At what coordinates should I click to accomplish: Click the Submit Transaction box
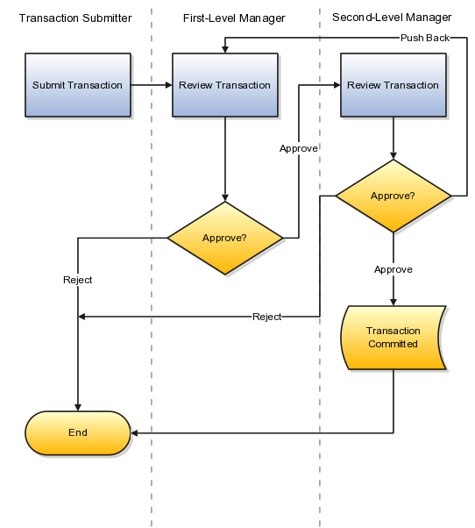[x=78, y=85]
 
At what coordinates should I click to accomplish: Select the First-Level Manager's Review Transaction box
[x=225, y=85]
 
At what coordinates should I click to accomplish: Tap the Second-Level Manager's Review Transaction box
[x=393, y=85]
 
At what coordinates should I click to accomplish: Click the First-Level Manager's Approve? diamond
[x=225, y=238]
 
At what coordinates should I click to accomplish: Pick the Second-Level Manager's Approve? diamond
[x=393, y=196]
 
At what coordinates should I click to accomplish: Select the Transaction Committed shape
[x=393, y=338]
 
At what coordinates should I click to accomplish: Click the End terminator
[x=78, y=432]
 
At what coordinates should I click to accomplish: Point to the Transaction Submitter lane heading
[x=75, y=18]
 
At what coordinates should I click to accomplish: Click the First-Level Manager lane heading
[x=234, y=18]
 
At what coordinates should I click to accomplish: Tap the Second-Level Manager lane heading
[x=392, y=18]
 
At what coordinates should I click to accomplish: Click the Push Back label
[x=425, y=38]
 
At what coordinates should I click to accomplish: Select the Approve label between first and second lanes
[x=299, y=148]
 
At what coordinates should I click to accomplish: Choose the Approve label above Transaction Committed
[x=393, y=269]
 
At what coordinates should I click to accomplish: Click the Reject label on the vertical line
[x=78, y=280]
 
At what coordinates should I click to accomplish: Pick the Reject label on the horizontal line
[x=266, y=317]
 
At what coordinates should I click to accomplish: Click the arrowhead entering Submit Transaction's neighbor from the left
[x=169, y=85]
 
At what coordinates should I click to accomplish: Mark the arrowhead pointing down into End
[x=78, y=408]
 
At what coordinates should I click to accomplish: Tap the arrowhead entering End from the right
[x=134, y=433]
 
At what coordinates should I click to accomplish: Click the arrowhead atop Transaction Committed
[x=393, y=303]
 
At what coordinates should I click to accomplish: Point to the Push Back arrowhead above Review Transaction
[x=225, y=49]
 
